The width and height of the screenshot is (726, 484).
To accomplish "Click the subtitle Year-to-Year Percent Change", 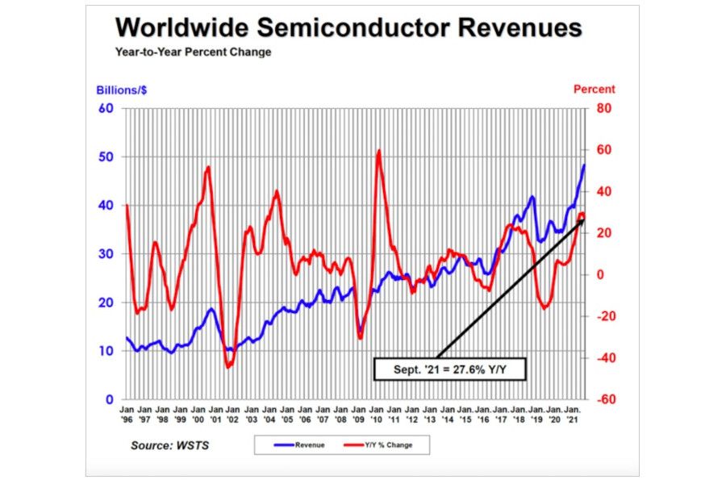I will coord(193,52).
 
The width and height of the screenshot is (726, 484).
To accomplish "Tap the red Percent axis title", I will coord(594,90).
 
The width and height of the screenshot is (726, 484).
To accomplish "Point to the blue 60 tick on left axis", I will coord(106,108).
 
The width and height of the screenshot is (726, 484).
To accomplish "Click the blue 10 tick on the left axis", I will coord(106,351).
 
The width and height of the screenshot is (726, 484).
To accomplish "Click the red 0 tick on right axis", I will coord(600,274).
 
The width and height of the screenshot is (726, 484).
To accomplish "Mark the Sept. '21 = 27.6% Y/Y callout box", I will coord(450,369).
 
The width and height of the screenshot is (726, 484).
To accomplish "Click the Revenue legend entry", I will coord(302,444).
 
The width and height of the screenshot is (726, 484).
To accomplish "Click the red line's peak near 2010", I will coord(378,151).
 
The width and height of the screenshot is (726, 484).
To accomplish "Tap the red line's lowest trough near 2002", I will coord(228,367).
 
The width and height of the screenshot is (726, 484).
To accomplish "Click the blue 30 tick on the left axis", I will coord(106,254).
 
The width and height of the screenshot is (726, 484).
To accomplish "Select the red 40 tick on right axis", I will coord(604,191).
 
